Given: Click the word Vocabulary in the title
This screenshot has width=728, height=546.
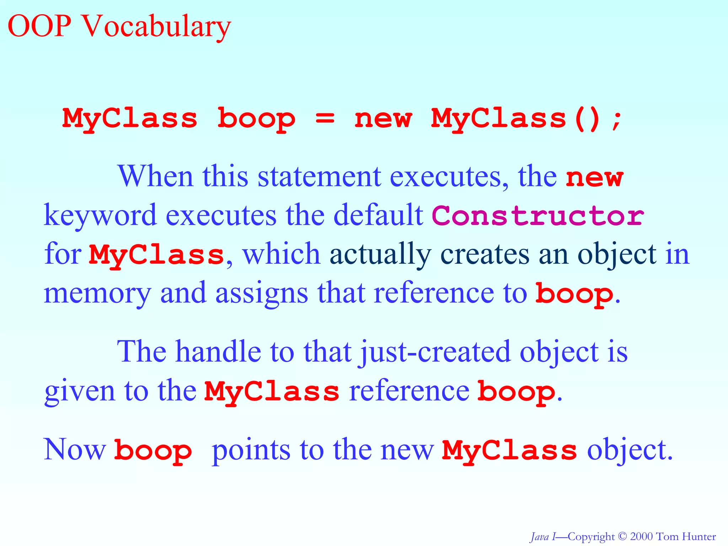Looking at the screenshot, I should [156, 27].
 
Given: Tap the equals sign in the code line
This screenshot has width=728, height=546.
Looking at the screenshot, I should [325, 118].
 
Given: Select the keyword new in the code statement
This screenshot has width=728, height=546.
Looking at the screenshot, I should [383, 118].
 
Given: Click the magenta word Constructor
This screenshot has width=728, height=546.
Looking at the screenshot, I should [537, 216].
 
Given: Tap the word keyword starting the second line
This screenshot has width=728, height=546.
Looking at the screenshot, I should [100, 216].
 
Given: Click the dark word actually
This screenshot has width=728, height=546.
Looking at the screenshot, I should [380, 255].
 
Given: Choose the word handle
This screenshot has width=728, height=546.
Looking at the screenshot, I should [218, 352].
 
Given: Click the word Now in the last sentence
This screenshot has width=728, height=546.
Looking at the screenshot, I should [75, 450].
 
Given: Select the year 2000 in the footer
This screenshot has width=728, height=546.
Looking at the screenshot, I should [642, 536].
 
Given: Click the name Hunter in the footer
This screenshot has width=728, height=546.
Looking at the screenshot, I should [699, 536].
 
